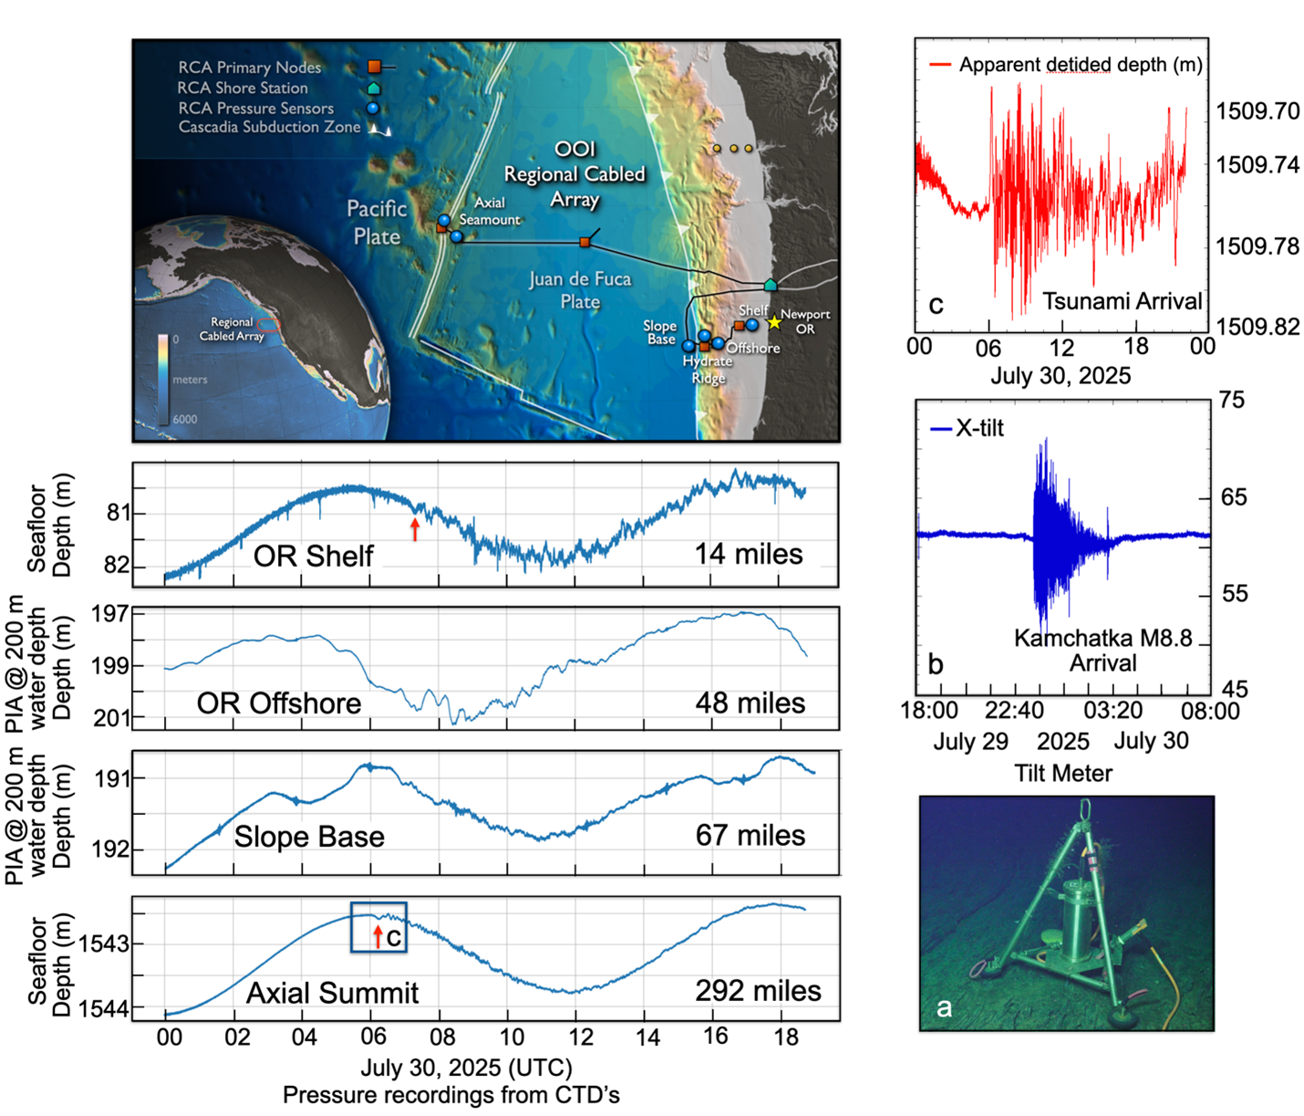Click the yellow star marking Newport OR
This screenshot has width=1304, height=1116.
(774, 322)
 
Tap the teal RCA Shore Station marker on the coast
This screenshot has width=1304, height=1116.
(771, 286)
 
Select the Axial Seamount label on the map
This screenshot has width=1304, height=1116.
(490, 211)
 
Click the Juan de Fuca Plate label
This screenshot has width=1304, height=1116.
(580, 289)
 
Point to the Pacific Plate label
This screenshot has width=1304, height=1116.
(377, 222)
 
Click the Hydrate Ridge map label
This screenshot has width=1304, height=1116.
(707, 370)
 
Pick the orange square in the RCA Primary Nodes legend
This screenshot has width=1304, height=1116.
(374, 67)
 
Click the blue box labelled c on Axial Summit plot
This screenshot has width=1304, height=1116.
(378, 927)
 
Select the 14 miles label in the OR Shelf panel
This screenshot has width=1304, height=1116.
(749, 554)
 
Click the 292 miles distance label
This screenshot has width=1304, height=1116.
(758, 991)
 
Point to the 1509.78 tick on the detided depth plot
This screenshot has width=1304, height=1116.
(1257, 246)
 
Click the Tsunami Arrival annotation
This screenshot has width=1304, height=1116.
(1122, 301)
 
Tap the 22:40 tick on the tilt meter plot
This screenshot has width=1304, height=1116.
(1014, 710)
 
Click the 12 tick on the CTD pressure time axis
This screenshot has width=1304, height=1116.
(579, 1037)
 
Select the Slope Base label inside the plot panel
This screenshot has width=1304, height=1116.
(309, 836)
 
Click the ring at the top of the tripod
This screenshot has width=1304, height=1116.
(1085, 808)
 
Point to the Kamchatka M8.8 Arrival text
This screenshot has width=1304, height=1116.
(1102, 650)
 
